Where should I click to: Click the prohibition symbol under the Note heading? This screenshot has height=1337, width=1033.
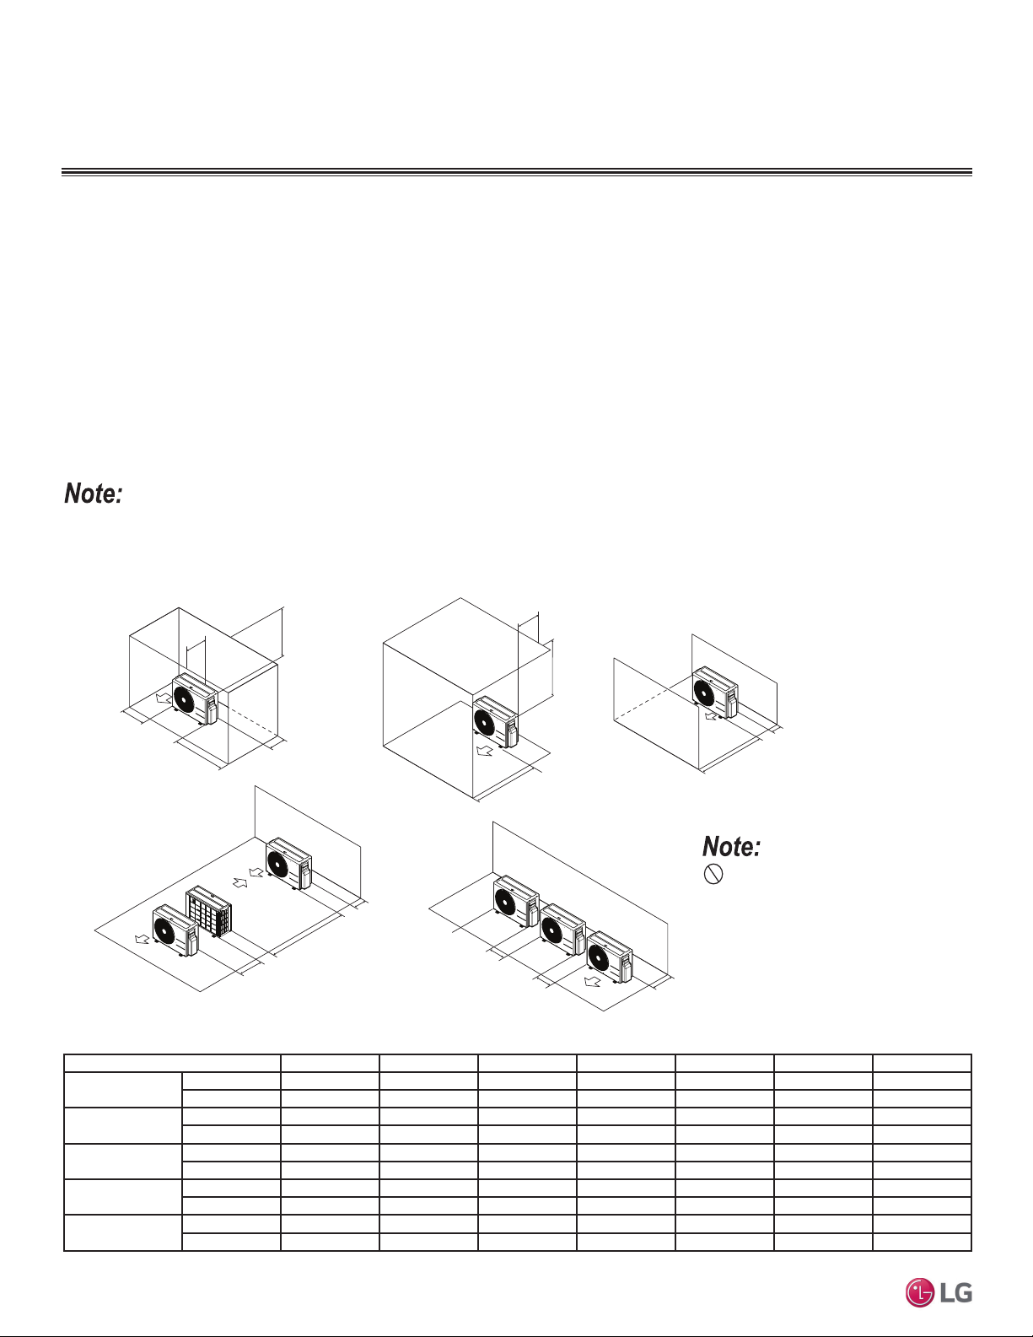pyautogui.click(x=713, y=875)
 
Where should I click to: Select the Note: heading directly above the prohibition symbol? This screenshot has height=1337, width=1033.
pyautogui.click(x=732, y=847)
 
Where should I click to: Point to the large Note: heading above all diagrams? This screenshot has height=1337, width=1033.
pyautogui.click(x=94, y=493)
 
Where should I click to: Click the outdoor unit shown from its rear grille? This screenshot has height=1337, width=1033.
pyautogui.click(x=208, y=911)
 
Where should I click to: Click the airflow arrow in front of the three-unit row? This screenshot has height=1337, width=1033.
pyautogui.click(x=592, y=981)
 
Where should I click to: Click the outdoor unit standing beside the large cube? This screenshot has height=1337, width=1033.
pyautogui.click(x=496, y=722)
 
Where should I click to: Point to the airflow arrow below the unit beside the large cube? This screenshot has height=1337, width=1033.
pyautogui.click(x=485, y=751)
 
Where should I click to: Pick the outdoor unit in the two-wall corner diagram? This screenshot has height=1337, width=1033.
pyautogui.click(x=715, y=693)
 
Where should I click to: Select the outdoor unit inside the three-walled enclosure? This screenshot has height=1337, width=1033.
pyautogui.click(x=195, y=699)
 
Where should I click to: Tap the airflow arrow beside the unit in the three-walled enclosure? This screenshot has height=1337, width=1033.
pyautogui.click(x=164, y=698)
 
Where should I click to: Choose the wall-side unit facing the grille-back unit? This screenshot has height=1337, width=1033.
pyautogui.click(x=289, y=863)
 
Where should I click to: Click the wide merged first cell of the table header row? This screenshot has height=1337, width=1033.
pyautogui.click(x=172, y=1063)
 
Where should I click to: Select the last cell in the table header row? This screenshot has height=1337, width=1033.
pyautogui.click(x=922, y=1063)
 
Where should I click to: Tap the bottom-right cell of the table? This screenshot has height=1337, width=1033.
pyautogui.click(x=922, y=1242)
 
